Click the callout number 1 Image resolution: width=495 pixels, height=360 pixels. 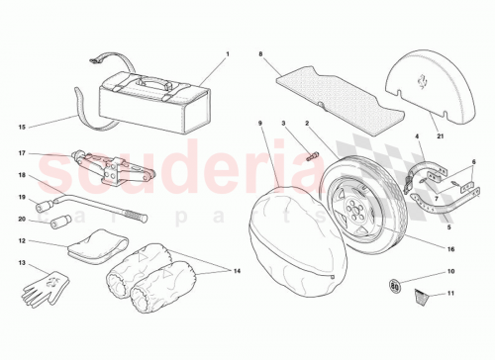tap(226, 54)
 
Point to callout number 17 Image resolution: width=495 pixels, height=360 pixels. tap(20, 153)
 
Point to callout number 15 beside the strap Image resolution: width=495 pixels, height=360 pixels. tap(20, 127)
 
